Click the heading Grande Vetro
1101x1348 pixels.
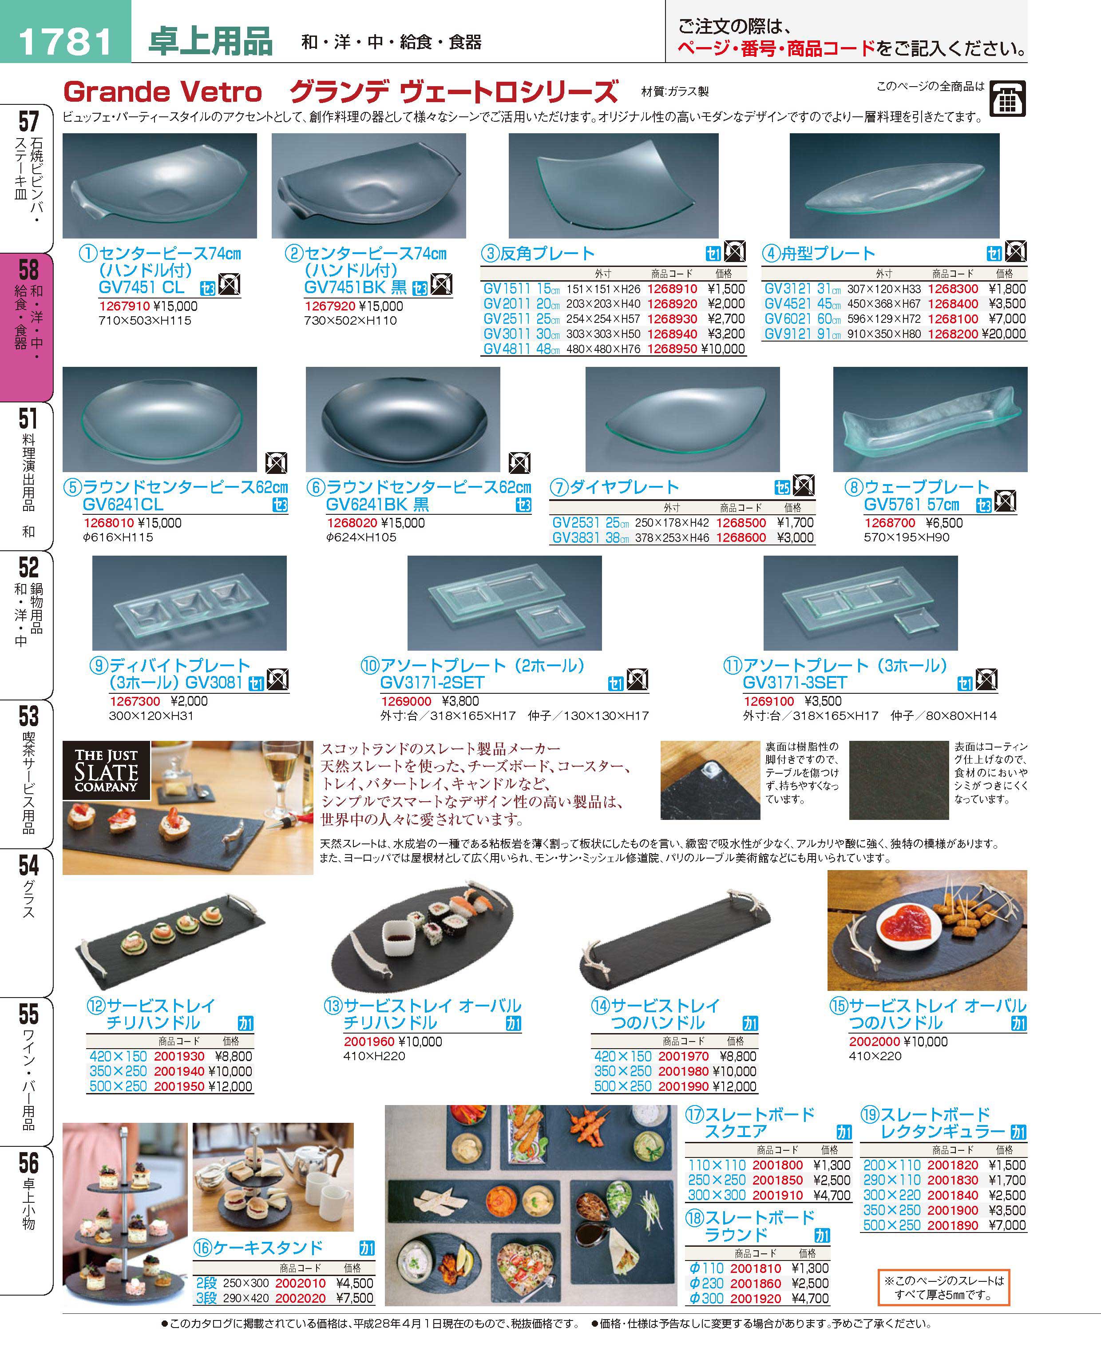tap(162, 92)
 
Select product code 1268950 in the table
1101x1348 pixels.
tap(672, 349)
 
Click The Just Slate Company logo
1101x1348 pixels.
tap(106, 769)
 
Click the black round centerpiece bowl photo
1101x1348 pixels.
tap(403, 419)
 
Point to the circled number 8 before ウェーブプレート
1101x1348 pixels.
tap(854, 488)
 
